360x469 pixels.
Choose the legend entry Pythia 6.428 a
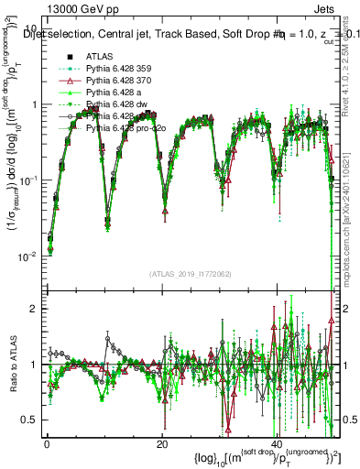[x=116, y=93]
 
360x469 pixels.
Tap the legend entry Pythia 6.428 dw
[x=118, y=104]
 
